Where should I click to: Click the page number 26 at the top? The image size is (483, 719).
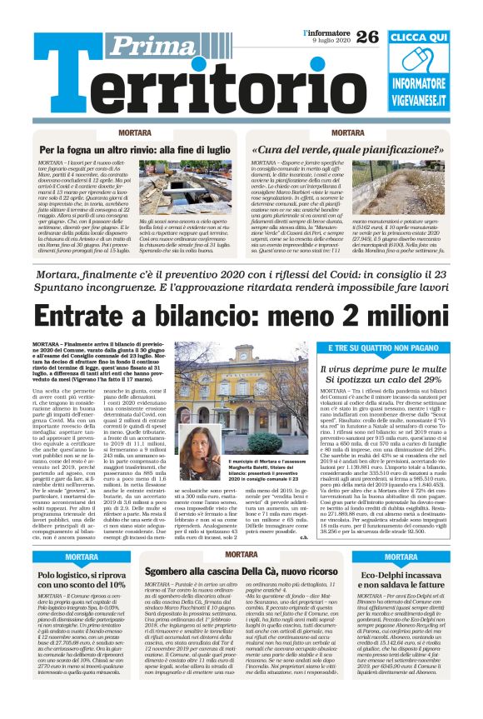(367, 37)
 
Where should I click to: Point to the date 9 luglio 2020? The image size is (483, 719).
(328, 41)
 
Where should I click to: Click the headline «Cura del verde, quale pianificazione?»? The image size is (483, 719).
(348, 150)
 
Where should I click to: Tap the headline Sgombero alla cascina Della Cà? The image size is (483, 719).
(241, 572)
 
